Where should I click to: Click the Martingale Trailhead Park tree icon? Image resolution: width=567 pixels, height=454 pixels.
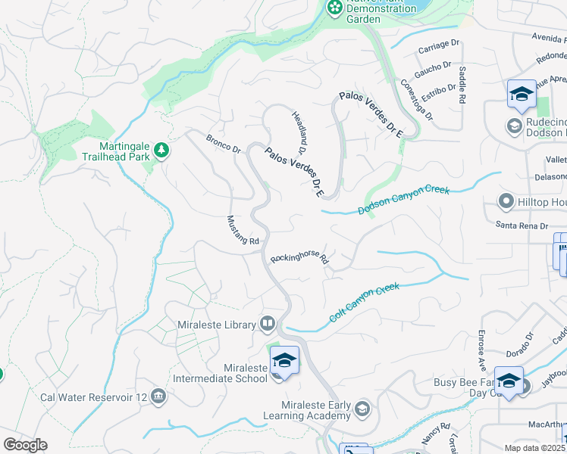(x=161, y=151)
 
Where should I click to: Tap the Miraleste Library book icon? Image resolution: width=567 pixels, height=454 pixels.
(x=267, y=324)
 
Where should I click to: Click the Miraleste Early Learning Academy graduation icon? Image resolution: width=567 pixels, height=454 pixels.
(x=363, y=408)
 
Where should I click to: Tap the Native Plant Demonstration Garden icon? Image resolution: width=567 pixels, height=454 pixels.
(x=334, y=8)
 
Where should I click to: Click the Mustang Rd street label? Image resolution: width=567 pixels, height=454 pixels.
(x=243, y=230)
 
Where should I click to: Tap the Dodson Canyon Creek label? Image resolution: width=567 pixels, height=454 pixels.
(x=403, y=199)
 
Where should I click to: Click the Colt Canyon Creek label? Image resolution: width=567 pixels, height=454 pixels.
(x=363, y=302)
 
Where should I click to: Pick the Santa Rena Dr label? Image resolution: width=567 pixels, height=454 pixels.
(x=522, y=225)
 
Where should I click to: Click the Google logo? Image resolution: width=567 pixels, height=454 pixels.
(x=25, y=445)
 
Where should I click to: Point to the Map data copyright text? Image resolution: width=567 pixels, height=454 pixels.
(x=535, y=448)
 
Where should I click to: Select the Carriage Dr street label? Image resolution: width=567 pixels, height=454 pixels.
(x=439, y=47)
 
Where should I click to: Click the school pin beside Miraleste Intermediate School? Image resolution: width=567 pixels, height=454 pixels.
(x=284, y=359)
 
